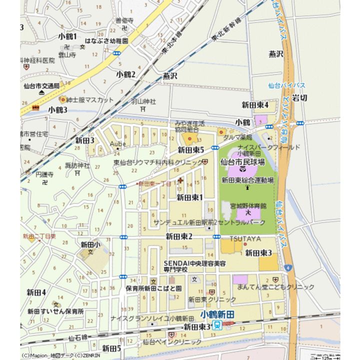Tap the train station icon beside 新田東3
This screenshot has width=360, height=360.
click(217, 326)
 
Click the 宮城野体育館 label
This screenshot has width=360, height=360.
click(248, 205)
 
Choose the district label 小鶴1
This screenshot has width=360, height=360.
click(67, 36)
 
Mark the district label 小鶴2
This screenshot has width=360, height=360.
click(126, 74)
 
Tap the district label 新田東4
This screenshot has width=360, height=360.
click(255, 104)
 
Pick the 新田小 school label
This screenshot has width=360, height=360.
click(90, 244)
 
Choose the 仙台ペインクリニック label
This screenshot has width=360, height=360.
click(172, 342)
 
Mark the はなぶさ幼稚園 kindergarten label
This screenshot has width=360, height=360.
click(107, 40)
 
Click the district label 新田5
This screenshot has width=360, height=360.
click(111, 348)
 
